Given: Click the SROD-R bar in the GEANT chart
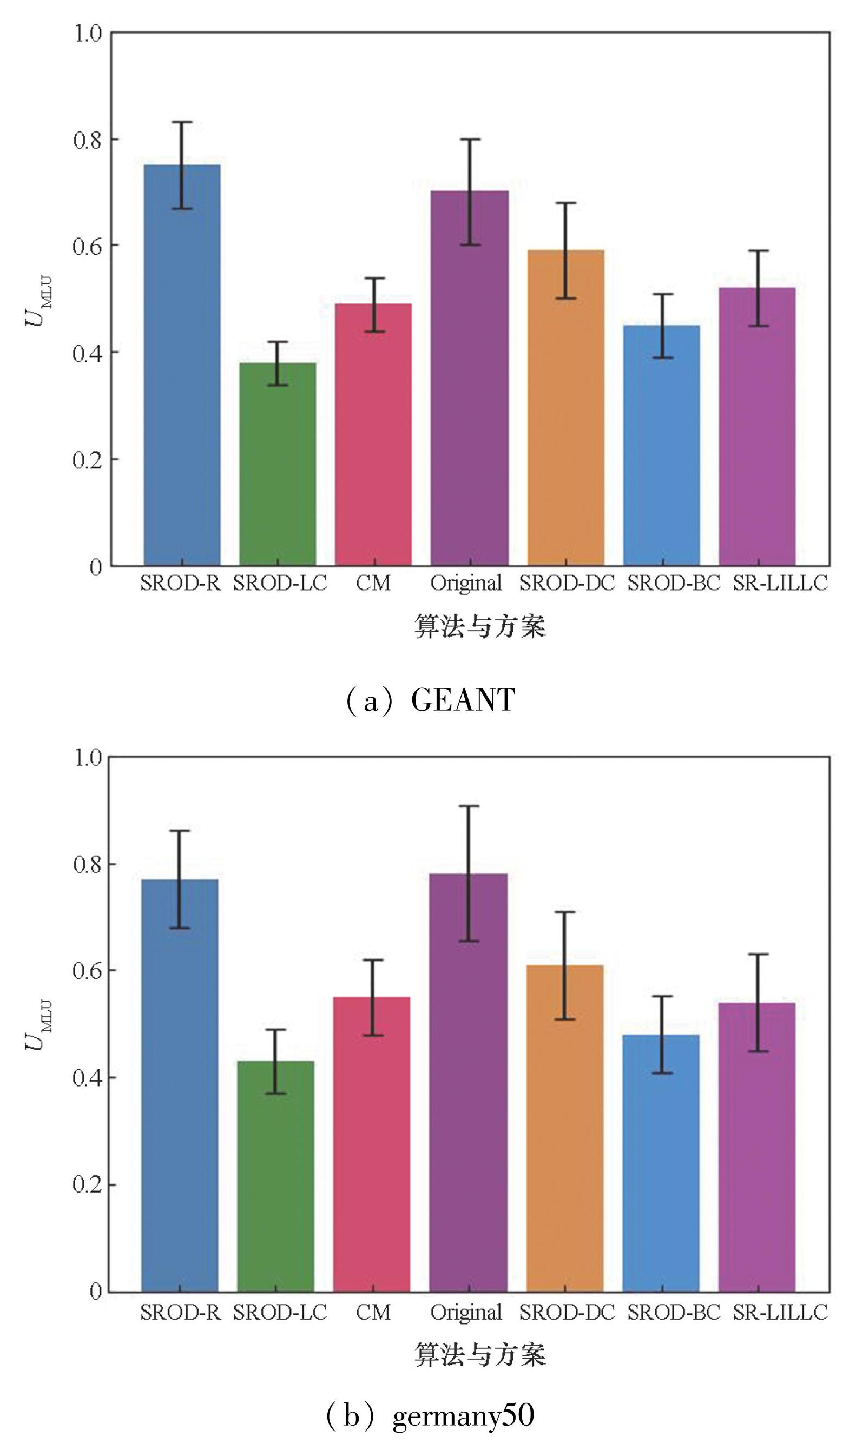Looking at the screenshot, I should pos(182,369).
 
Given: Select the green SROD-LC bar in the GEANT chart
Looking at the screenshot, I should pos(278,467).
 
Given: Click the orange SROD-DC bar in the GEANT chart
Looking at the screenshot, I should pos(566,409).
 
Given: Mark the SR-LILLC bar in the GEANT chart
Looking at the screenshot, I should pos(758,427).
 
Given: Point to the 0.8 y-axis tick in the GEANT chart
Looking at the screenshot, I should pos(88,140).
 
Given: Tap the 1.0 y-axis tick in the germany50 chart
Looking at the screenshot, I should pos(88,757).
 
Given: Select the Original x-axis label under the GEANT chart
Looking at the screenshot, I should pos(466,583).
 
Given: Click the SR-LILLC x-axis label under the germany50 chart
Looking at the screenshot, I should pos(780,1312).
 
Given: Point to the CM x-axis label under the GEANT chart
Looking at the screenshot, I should pos(373,583).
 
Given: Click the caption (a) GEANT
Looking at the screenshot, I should pos(430,700).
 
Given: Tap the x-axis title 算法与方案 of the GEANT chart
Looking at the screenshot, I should pos(480,627).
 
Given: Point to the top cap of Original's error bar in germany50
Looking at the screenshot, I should pos(469,806).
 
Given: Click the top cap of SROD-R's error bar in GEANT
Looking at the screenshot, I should pos(182,122).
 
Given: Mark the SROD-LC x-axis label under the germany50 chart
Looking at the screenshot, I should pos(280,1312).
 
